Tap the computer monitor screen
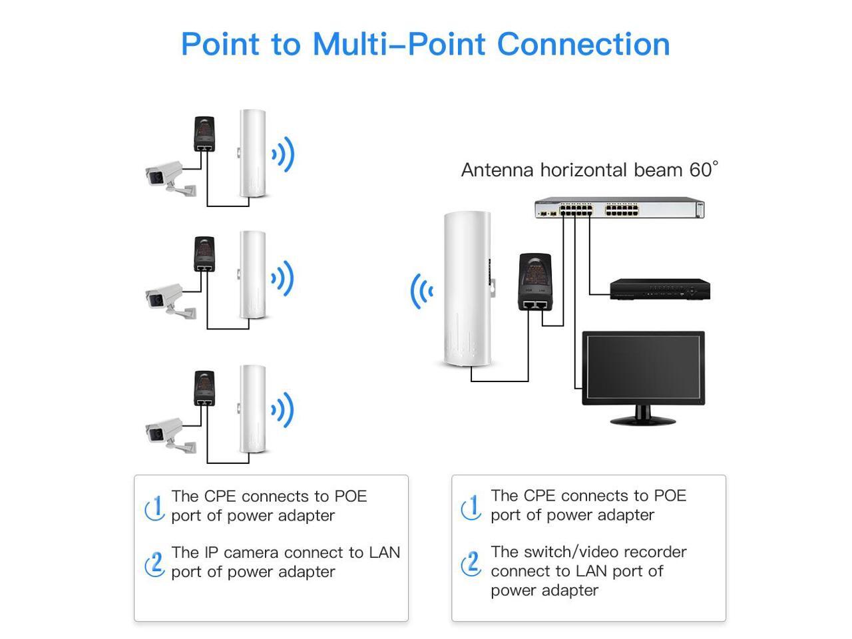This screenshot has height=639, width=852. [643, 367]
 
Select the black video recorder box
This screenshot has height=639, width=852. [660, 290]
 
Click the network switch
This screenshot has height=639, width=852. [619, 208]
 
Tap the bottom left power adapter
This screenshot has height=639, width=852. [204, 389]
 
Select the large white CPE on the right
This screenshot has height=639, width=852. [467, 290]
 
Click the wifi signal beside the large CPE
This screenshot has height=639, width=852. [421, 291]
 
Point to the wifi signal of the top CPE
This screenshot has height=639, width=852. [283, 155]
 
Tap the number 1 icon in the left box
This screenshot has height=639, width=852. [155, 508]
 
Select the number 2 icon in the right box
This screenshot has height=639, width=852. [471, 564]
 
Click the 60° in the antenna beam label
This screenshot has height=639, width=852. [704, 170]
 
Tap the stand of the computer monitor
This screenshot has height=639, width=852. [642, 415]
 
